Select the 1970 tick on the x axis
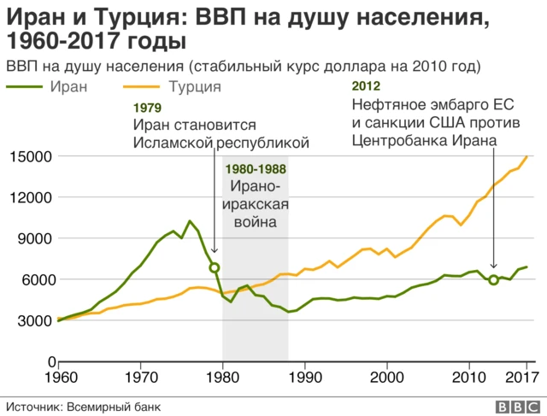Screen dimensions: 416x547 point(141,377)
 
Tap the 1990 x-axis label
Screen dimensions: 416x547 point(305,377)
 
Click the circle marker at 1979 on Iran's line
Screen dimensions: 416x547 point(215,267)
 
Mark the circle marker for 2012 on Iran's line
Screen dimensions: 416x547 point(493,280)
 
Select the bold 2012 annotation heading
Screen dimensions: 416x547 point(368,86)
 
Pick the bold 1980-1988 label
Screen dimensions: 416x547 point(256,168)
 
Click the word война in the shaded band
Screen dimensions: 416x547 point(256,224)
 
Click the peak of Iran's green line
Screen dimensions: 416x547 point(190,222)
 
